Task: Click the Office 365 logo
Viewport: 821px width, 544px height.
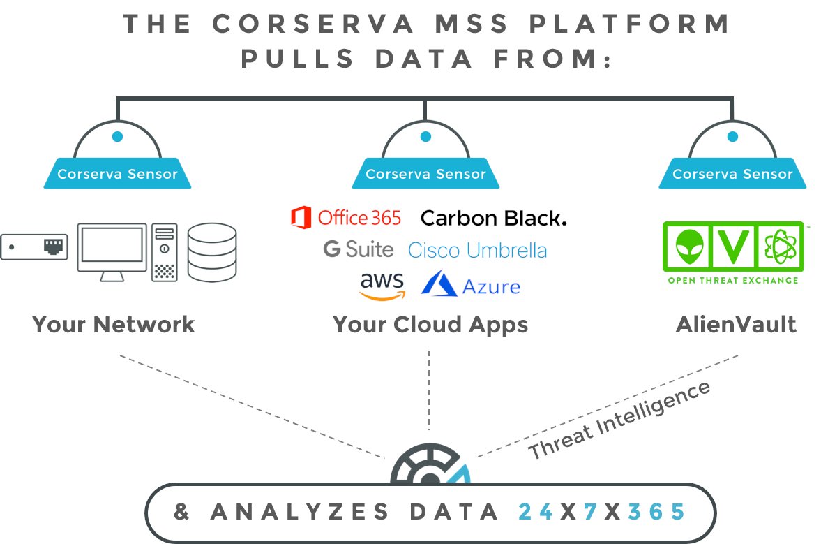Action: pyautogui.click(x=346, y=218)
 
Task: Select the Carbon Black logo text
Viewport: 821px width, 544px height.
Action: pyautogui.click(x=493, y=218)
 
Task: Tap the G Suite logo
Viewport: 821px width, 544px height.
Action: pyautogui.click(x=358, y=249)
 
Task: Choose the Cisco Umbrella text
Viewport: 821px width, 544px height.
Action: pyautogui.click(x=477, y=250)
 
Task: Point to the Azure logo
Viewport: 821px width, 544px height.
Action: pyautogui.click(x=471, y=286)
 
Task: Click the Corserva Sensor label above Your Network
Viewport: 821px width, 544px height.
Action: pyautogui.click(x=117, y=174)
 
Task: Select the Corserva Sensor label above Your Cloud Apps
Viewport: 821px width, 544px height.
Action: pyautogui.click(x=425, y=174)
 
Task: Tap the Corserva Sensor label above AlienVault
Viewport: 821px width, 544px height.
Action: pyautogui.click(x=732, y=174)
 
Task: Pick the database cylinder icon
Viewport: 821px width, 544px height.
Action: pyautogui.click(x=212, y=253)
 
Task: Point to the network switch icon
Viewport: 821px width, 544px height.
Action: pyautogui.click(x=34, y=247)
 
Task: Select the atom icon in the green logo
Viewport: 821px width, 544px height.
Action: pyautogui.click(x=780, y=247)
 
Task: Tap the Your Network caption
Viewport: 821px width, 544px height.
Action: pyautogui.click(x=114, y=325)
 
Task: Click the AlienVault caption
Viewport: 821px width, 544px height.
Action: pyautogui.click(x=736, y=325)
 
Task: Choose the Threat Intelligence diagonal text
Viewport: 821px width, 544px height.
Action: pyautogui.click(x=619, y=420)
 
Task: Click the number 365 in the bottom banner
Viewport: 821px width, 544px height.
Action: pyautogui.click(x=656, y=512)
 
